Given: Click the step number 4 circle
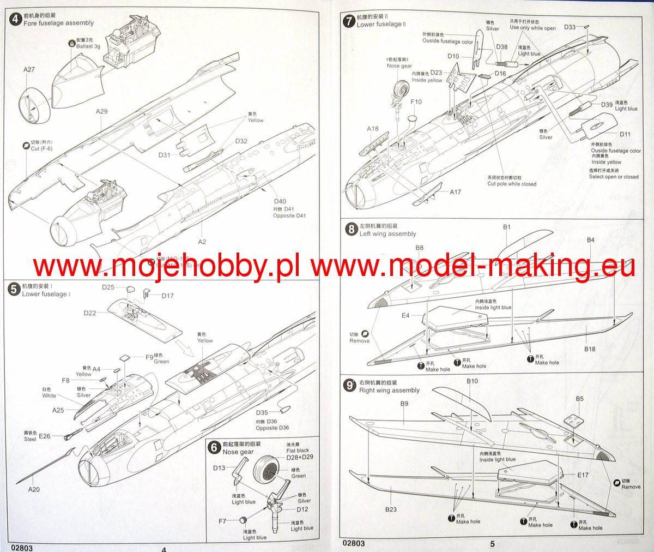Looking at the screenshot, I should click(15, 20).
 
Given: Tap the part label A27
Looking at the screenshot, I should click(29, 69).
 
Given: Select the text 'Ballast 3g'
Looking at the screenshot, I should click(88, 46).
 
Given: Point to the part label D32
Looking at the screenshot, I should click(241, 141).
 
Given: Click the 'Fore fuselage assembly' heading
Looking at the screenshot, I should click(58, 23).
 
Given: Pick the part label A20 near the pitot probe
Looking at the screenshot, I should click(34, 489).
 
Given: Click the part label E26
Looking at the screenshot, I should click(45, 436).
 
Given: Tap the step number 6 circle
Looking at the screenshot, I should click(215, 448).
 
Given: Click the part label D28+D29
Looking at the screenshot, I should click(300, 457).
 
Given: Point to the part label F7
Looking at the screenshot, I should click(222, 521).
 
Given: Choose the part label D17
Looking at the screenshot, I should click(167, 296).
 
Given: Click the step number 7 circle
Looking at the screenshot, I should click(349, 22).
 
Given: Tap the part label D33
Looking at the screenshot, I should click(570, 27).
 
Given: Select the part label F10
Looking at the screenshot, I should click(416, 101).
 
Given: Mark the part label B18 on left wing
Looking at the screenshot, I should click(590, 349).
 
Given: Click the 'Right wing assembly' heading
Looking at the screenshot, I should click(389, 391).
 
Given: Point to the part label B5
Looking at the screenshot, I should click(579, 399).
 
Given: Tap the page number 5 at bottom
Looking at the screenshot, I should click(492, 544).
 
